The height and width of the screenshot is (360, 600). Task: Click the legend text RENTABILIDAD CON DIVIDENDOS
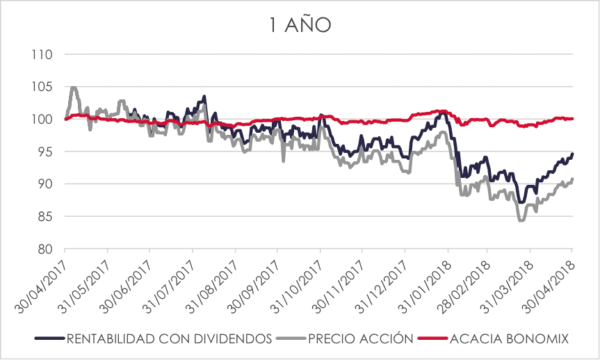pyautogui.click(x=168, y=338)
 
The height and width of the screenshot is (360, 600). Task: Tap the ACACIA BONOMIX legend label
pyautogui.click(x=510, y=338)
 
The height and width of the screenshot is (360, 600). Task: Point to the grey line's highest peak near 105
pyautogui.click(x=74, y=88)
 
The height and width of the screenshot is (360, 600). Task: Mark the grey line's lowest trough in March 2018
pyautogui.click(x=521, y=220)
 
